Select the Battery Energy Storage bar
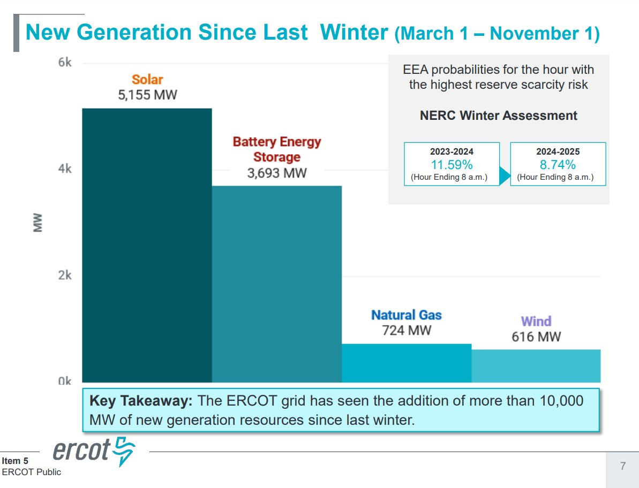point(276,284)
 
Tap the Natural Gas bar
point(407,363)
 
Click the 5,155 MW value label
point(147,96)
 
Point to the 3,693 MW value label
point(277,173)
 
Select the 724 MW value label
point(407,331)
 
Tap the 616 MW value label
point(536,337)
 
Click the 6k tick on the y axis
point(65,63)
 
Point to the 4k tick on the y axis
point(65,169)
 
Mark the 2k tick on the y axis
point(65,275)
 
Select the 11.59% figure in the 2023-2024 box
point(452,164)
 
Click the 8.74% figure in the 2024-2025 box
point(558,164)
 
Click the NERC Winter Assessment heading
point(498,116)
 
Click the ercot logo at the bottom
point(94,452)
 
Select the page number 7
point(623,466)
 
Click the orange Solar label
point(147,80)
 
